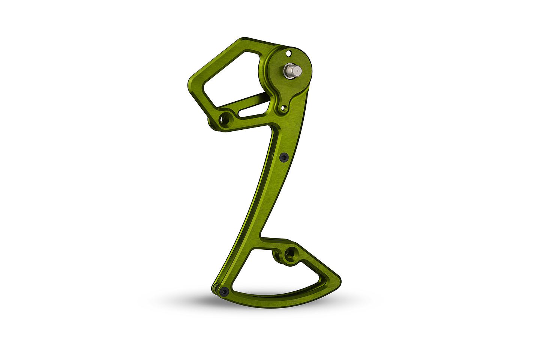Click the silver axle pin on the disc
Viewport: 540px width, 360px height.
(292, 71)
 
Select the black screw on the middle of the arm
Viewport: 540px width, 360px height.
(283, 156)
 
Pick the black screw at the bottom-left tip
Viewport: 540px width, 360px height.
(224, 291)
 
